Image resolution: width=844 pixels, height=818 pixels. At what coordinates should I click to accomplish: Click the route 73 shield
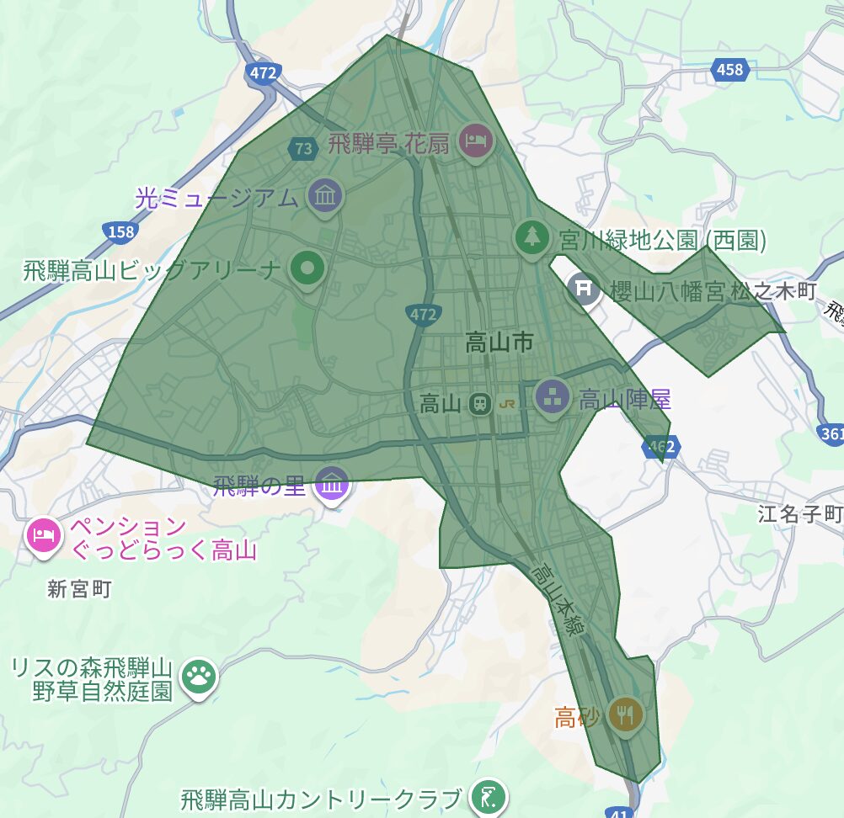coord(303,149)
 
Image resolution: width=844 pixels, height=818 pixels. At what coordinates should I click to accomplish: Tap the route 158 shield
coord(120,230)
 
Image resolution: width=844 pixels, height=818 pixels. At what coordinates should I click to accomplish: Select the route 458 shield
coord(729,69)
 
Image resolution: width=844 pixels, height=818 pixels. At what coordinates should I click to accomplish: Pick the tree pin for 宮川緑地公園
coord(532,236)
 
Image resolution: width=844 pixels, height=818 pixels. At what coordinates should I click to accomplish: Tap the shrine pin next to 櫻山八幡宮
coord(583,289)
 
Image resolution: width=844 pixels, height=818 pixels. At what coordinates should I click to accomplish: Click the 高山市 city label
coord(499,343)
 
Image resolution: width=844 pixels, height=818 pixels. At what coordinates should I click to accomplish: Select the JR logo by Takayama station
coord(507,403)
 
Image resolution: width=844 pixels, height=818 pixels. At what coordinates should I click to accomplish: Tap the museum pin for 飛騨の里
coord(333,484)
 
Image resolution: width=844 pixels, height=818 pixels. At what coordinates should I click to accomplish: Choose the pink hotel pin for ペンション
coord(43,535)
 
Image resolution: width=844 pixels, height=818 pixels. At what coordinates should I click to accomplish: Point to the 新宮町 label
coord(79,589)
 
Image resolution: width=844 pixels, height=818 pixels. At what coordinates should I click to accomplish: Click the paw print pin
coord(199,675)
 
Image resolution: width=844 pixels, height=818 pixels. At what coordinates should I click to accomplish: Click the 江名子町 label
coord(799,513)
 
